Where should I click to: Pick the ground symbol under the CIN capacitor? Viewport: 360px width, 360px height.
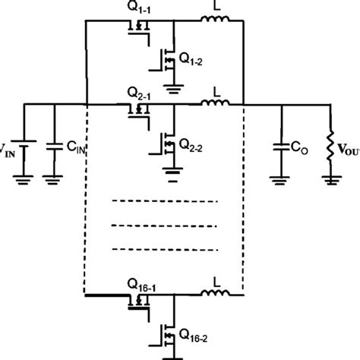(x=55, y=179)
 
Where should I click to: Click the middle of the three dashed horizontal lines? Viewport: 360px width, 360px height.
(x=164, y=225)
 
